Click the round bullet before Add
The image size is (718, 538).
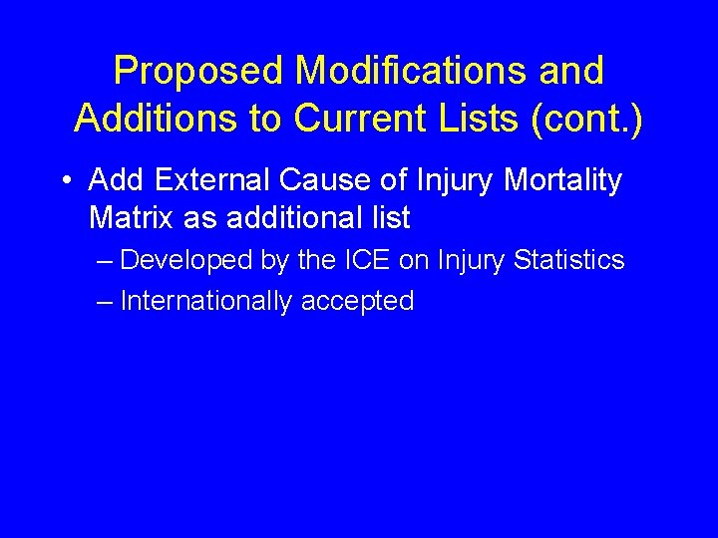[x=65, y=182]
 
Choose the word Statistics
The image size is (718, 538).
[x=568, y=261]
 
